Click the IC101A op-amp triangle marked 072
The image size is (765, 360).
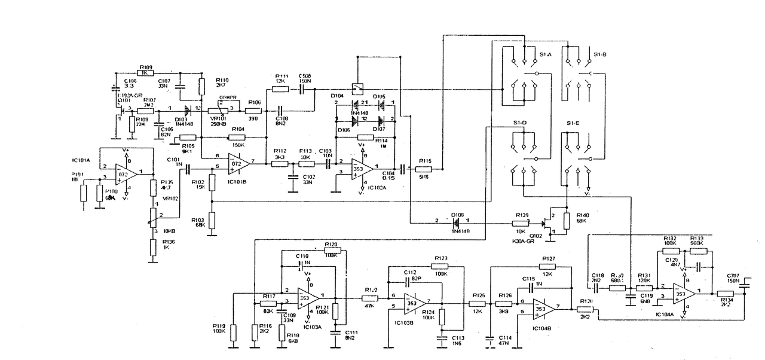pos(124,175)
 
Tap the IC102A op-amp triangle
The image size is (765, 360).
pos(360,169)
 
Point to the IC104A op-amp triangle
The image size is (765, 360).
pos(683,294)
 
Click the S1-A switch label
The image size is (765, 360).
pos(544,55)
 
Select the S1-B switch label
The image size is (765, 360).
pos(600,55)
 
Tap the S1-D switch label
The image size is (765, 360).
pos(519,124)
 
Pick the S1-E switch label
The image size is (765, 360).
pos(574,124)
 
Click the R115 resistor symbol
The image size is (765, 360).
pos(425,169)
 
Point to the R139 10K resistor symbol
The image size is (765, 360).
pos(521,223)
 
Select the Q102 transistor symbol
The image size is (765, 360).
pos(548,225)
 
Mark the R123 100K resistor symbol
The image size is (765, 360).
pos(440,266)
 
